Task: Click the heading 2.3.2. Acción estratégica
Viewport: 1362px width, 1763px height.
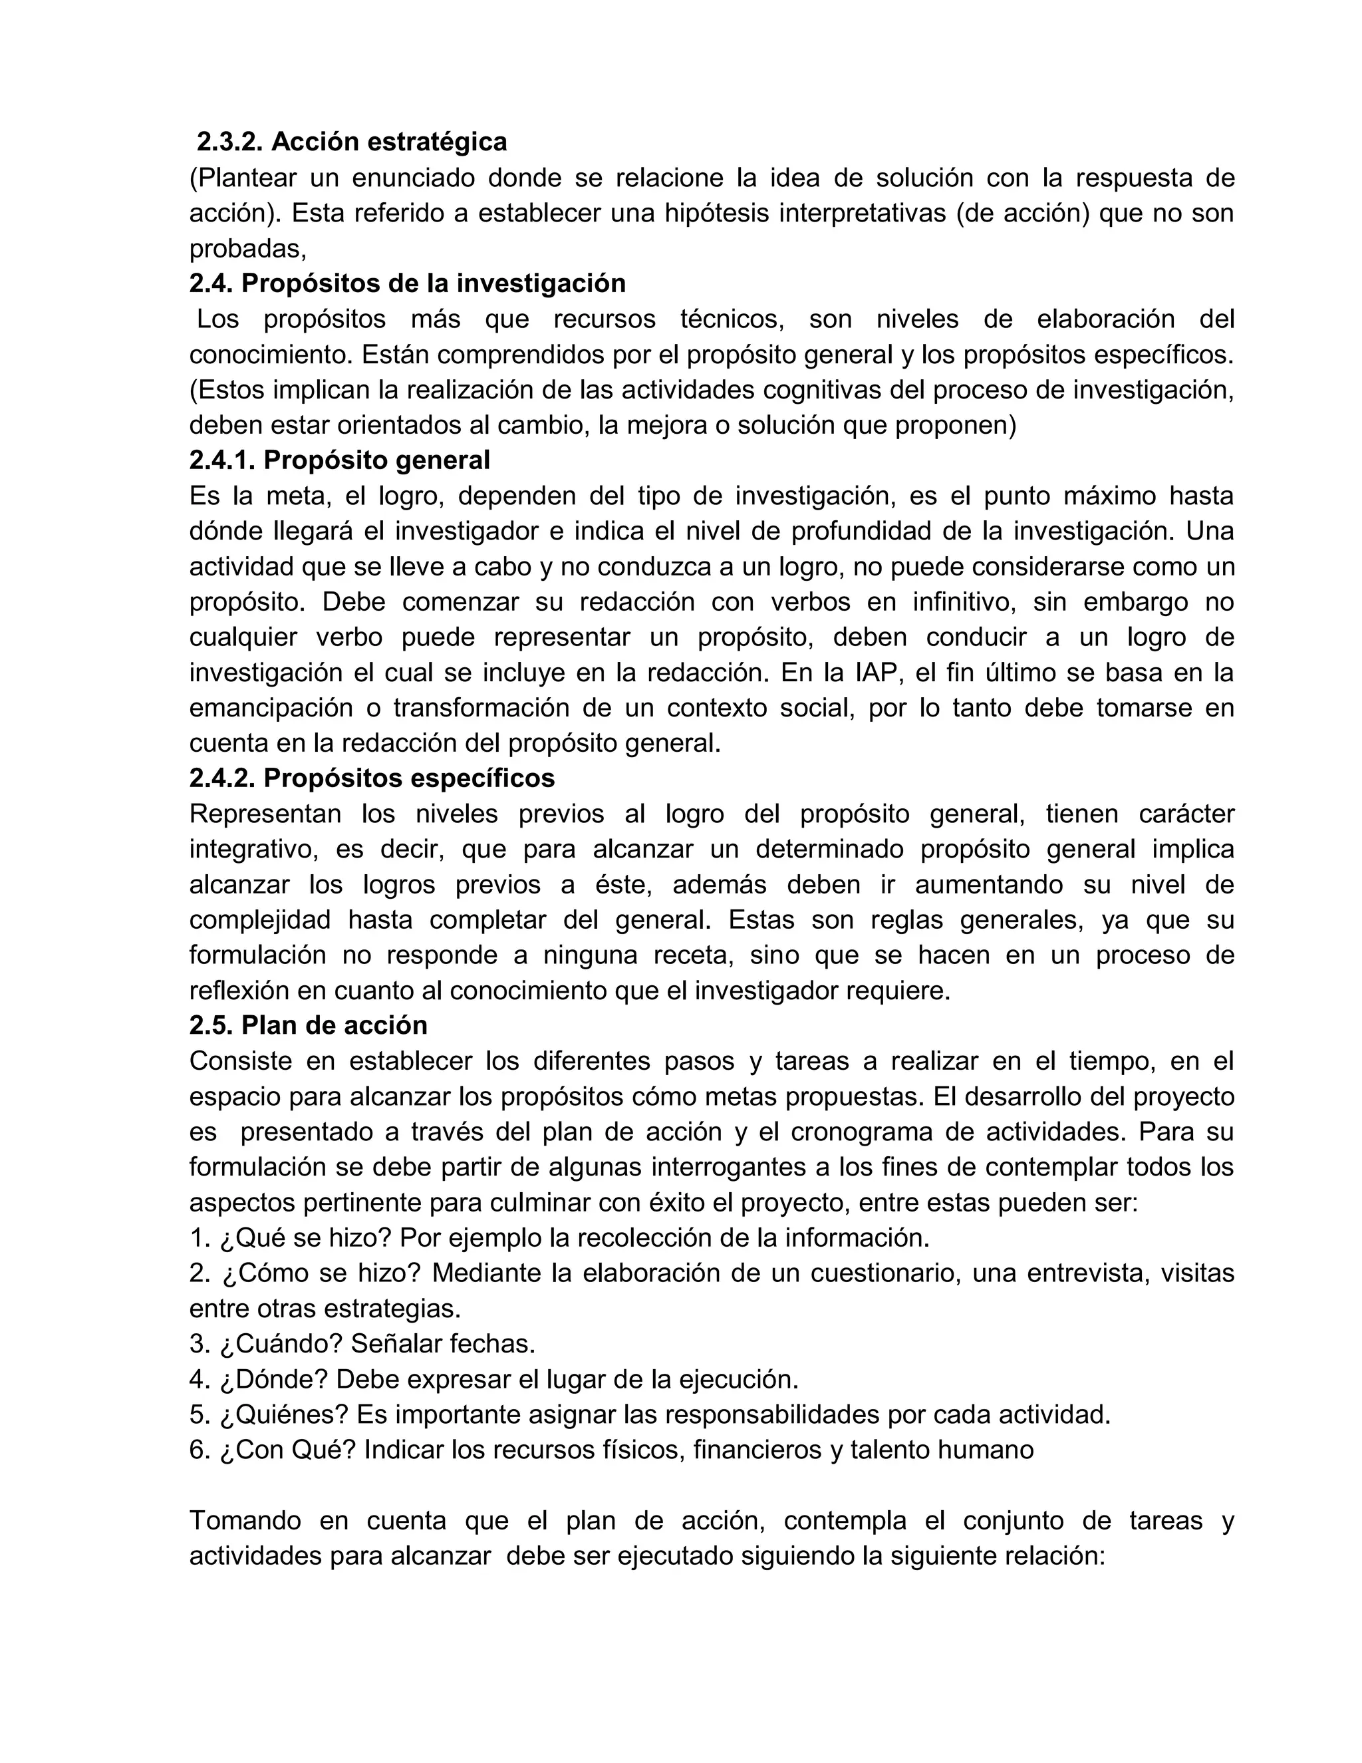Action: click(352, 142)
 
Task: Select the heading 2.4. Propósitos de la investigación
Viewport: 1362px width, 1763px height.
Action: click(408, 283)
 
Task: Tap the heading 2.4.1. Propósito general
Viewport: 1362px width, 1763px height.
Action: click(340, 460)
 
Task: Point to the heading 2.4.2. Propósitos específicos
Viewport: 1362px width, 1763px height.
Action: click(372, 778)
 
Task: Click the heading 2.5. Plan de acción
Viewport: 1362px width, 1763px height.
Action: click(308, 1025)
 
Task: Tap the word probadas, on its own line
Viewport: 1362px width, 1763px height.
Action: click(247, 249)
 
